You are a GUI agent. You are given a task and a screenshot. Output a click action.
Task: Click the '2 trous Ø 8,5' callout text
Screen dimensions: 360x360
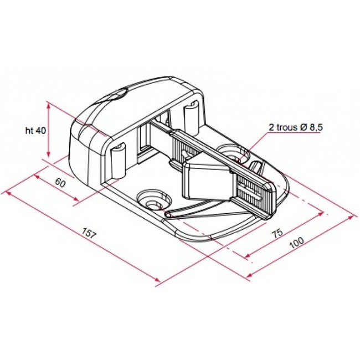[296, 127]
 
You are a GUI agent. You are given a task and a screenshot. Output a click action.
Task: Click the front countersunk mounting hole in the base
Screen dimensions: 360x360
[151, 200]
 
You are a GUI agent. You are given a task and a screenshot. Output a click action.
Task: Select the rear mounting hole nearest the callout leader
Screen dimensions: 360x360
[231, 152]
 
